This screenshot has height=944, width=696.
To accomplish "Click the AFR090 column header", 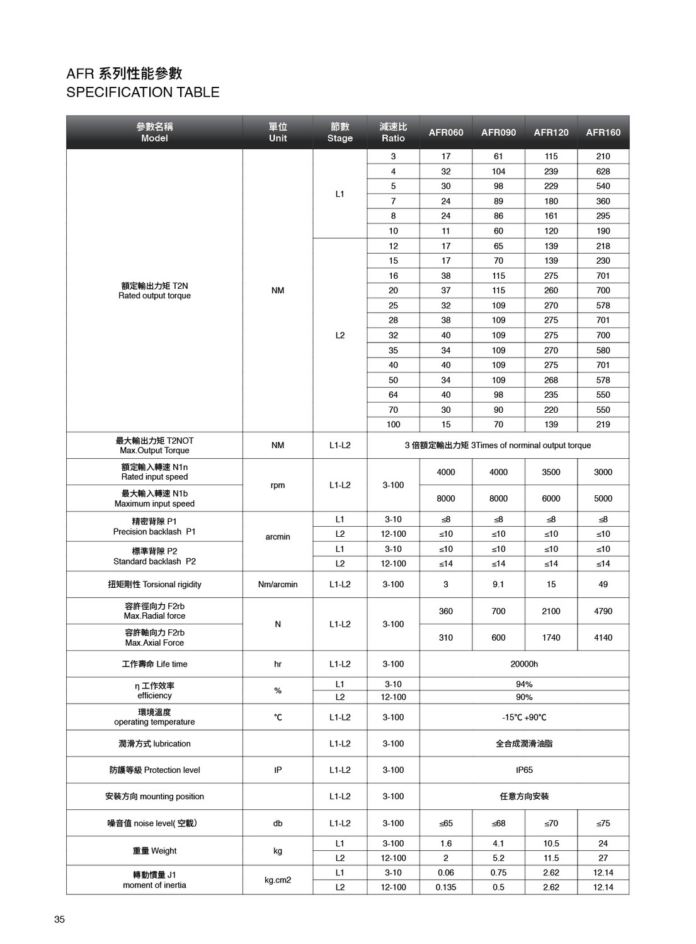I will (498, 132).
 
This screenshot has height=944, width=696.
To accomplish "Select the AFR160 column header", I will (603, 132).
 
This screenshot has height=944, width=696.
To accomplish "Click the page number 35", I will (59, 919).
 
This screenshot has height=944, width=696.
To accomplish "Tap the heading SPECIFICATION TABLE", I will (143, 92).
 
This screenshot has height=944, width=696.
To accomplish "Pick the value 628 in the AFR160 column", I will (603, 171).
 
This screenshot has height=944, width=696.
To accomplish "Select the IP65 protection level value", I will (524, 770).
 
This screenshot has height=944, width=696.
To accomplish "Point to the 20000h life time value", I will (524, 664).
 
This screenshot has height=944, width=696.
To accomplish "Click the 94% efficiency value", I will (524, 684).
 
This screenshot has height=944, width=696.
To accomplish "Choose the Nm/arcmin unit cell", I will (278, 584).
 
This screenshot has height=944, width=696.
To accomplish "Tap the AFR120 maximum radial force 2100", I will (551, 611).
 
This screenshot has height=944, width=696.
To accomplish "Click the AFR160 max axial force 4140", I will (603, 638).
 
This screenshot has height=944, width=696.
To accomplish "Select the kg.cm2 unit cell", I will (278, 880).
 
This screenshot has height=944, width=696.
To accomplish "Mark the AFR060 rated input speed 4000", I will (445, 472).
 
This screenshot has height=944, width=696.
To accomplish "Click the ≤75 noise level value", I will (603, 823).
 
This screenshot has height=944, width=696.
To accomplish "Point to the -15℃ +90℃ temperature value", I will (524, 717).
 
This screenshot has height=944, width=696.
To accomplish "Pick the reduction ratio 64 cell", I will (393, 395).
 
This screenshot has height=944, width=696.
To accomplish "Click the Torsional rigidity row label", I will (154, 584).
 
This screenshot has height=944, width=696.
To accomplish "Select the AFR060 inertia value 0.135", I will (445, 887).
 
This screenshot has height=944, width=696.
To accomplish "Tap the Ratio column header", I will (393, 132).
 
